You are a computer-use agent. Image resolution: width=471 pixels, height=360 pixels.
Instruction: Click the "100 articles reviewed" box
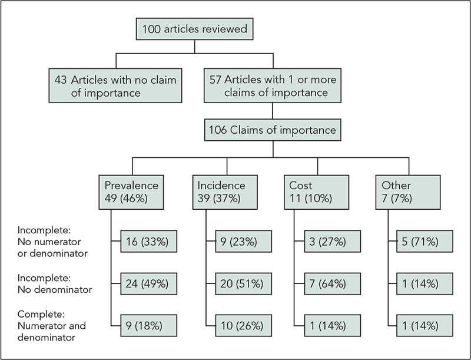click(x=194, y=28)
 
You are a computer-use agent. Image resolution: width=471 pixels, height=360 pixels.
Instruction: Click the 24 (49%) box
click(x=145, y=283)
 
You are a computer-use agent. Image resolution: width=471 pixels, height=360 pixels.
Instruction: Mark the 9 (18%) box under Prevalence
click(x=145, y=325)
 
